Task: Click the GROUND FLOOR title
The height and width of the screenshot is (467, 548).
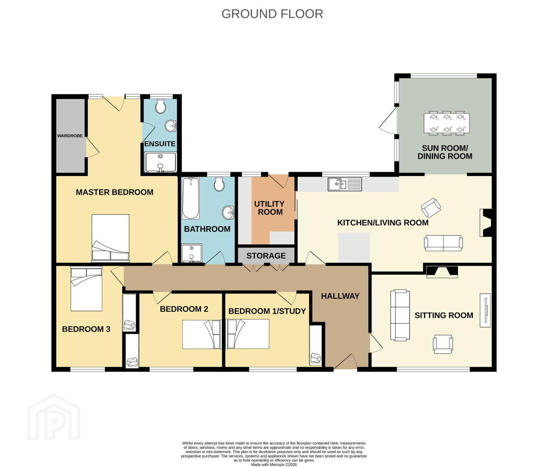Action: (x=272, y=14)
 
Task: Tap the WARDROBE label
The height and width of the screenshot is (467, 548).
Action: (x=70, y=136)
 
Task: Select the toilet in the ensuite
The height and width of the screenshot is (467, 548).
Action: (x=160, y=106)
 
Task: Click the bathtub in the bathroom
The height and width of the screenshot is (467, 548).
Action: (x=191, y=198)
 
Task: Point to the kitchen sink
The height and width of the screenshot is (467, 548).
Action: (x=344, y=184)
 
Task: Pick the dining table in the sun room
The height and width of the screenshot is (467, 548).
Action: (x=447, y=123)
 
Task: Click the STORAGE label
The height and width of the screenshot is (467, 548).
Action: (x=266, y=256)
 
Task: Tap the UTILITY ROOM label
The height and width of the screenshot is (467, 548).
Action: (x=269, y=208)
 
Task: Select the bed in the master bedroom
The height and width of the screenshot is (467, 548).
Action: (x=110, y=238)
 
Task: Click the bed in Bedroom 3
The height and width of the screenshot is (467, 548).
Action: (x=86, y=289)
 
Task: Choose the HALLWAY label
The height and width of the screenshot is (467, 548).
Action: (x=340, y=296)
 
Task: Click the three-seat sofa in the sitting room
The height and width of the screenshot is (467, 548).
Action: (x=400, y=315)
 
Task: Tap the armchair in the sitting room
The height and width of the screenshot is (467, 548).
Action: (x=443, y=344)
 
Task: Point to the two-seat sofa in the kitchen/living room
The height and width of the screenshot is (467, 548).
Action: (x=443, y=243)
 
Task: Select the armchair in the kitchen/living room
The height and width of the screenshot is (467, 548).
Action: (x=431, y=208)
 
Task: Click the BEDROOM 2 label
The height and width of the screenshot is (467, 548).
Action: (x=184, y=309)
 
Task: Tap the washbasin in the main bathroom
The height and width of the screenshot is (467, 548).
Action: (x=229, y=212)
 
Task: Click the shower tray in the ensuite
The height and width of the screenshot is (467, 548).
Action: (x=160, y=162)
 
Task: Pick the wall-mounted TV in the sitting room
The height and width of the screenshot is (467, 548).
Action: (x=485, y=310)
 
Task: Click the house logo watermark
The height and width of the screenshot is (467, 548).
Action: (x=54, y=416)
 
